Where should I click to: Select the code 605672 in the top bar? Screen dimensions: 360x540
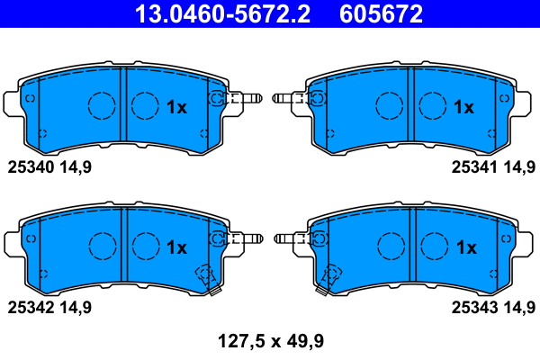coord(381,13)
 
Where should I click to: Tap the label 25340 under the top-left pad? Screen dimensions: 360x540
coord(32,166)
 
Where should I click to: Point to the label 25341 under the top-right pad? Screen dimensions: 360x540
coord(473,166)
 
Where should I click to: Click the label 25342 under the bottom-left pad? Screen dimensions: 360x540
coord(32,307)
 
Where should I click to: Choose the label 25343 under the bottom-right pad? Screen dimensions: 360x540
coord(473,307)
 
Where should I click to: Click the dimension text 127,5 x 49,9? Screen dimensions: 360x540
coord(270,340)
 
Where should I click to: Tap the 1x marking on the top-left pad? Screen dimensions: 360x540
coord(176,107)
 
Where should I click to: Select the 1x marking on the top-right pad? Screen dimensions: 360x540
coord(463,107)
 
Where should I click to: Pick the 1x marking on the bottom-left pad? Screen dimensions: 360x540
coord(176,247)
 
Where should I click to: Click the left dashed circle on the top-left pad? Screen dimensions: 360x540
coord(102,106)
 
